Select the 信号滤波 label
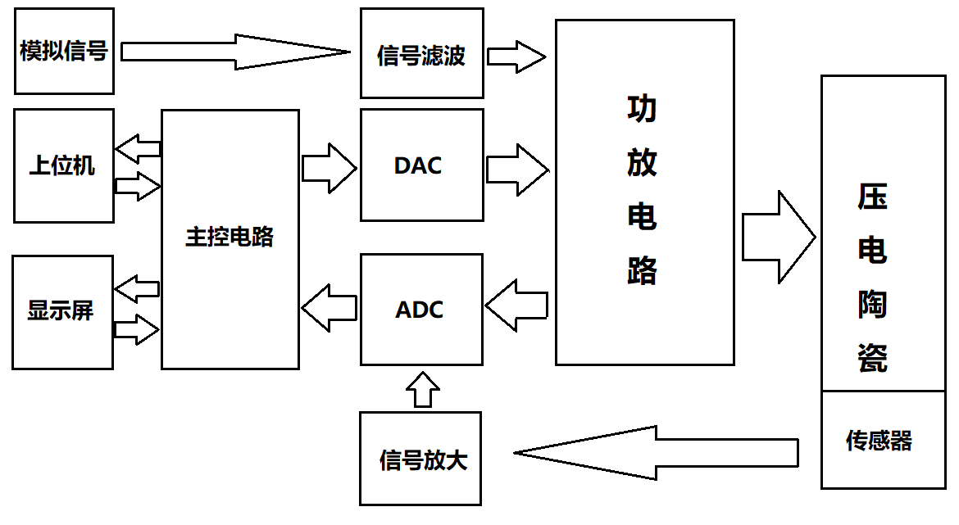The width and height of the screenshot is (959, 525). tap(421, 56)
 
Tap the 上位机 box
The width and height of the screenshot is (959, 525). tap(62, 165)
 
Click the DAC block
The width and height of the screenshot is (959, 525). tap(421, 165)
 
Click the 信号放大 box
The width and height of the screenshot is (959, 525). tap(420, 459)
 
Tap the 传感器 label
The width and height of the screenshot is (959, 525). tap(879, 441)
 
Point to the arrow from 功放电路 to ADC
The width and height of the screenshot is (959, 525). tap(516, 305)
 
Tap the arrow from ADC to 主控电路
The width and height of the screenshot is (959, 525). tap(330, 308)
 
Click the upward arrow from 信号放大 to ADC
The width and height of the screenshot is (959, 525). tap(423, 390)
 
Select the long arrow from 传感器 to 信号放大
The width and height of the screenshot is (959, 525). tap(656, 453)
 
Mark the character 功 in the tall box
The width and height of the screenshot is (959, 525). tap(642, 109)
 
